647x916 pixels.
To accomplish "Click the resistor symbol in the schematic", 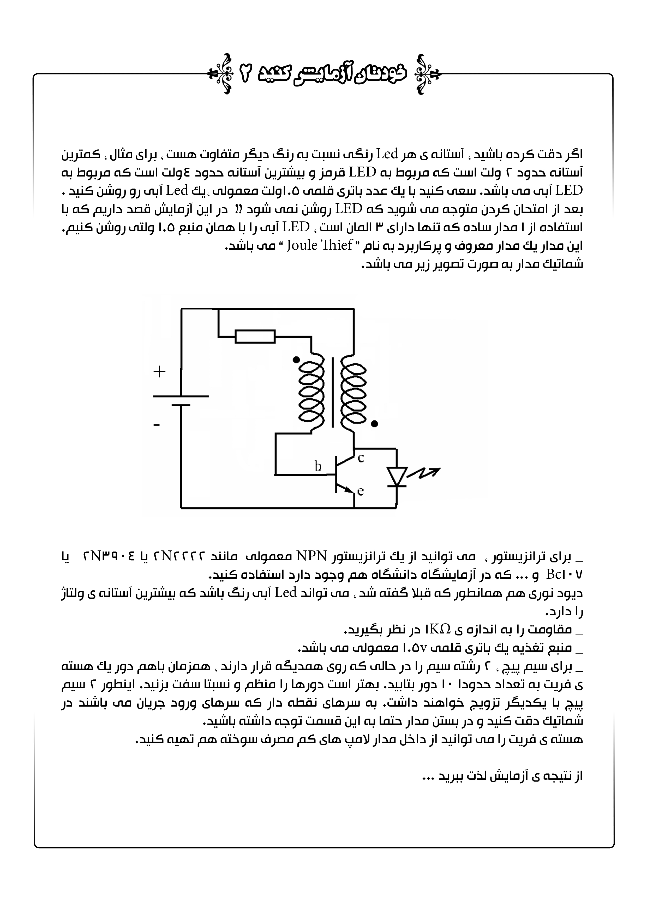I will pos(255,336).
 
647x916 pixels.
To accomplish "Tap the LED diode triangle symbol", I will pos(397,476).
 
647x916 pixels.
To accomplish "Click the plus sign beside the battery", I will pos(159,372).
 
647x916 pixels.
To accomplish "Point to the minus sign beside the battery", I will pos(157,425).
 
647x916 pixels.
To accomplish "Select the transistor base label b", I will pos(318,466).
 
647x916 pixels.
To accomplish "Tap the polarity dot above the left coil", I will pos(296,360).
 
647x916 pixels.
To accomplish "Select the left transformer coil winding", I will pos(311,393).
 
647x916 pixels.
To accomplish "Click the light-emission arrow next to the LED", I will pos(427,473).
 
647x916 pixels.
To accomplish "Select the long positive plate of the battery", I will pos(181,396).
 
